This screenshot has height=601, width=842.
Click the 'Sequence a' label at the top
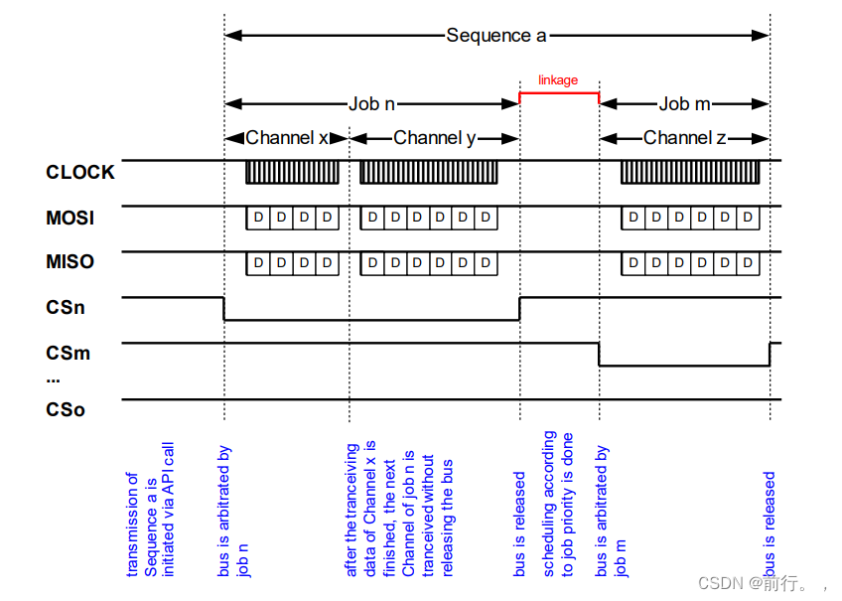pyautogui.click(x=495, y=35)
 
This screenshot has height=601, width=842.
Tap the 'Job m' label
pyautogui.click(x=684, y=103)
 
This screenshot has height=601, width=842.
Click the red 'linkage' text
pyautogui.click(x=558, y=80)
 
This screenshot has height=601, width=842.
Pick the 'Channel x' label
pyautogui.click(x=286, y=138)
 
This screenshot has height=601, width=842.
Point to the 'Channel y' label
pyautogui.click(x=434, y=138)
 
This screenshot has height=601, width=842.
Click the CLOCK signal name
pyautogui.click(x=80, y=172)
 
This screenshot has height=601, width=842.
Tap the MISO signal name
pyautogui.click(x=70, y=262)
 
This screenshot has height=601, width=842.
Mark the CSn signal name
pyautogui.click(x=66, y=307)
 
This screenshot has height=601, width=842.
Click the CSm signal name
pyautogui.click(x=67, y=353)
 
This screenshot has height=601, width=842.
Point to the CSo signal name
pyautogui.click(x=66, y=408)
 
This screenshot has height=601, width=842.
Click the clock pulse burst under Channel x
pyautogui.click(x=293, y=172)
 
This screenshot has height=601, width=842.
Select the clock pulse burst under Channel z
pyautogui.click(x=691, y=172)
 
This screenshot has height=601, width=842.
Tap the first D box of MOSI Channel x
pyautogui.click(x=258, y=218)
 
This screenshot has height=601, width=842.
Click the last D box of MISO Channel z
pyautogui.click(x=749, y=262)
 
